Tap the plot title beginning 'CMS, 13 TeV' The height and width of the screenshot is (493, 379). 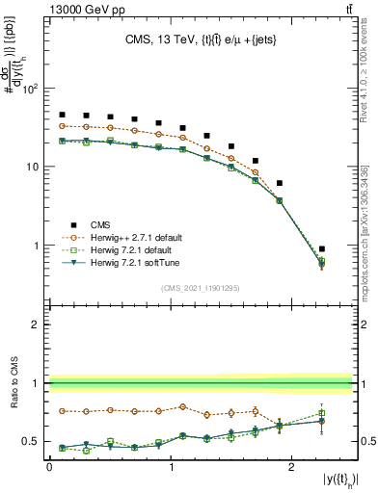pos(201,40)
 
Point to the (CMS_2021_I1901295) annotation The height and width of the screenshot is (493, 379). pos(200,288)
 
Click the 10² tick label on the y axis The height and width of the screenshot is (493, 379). pos(31,90)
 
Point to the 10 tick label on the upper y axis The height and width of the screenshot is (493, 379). pos(33,168)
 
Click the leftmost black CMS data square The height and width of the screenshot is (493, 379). pos(62,115)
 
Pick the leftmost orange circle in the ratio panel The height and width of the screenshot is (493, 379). pos(62,411)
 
